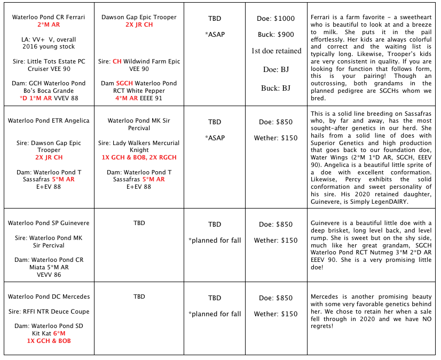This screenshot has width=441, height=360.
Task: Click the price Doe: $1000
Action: point(277,19)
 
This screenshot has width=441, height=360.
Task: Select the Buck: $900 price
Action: point(277,35)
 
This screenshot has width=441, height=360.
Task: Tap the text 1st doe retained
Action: point(277,51)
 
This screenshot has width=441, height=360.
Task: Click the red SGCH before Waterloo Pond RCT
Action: point(124,83)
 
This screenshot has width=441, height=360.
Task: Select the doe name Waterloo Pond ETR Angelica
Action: point(49,121)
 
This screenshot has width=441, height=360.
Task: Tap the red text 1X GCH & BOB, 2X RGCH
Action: point(139,158)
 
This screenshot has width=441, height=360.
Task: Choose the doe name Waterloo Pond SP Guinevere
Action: point(49,223)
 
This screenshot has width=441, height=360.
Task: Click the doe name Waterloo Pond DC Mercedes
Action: point(49,297)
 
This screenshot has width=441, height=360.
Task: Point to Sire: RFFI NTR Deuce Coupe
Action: point(49,311)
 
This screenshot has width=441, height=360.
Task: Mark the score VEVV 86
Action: point(49,275)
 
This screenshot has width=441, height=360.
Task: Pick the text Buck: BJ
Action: point(277,88)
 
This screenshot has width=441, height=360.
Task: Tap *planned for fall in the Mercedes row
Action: point(215,314)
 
